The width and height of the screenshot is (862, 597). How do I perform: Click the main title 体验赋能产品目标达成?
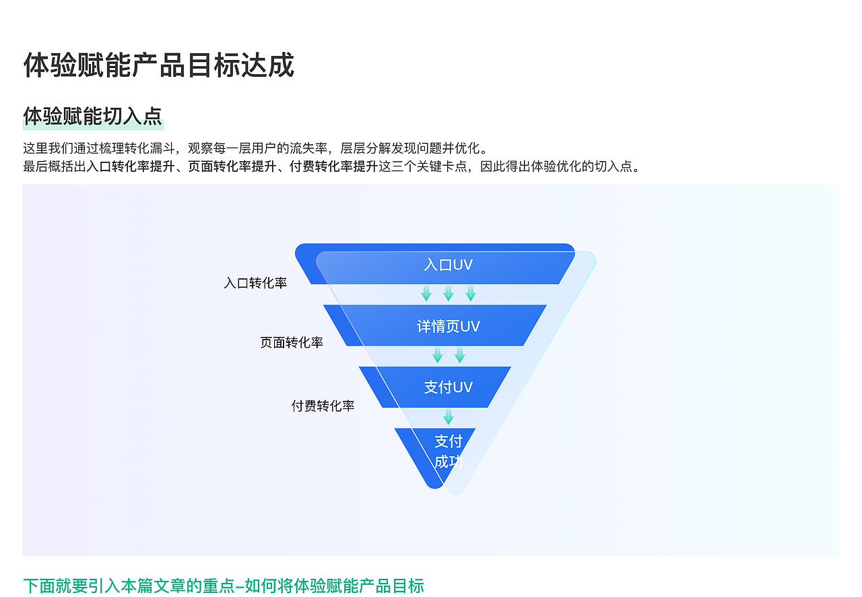158,65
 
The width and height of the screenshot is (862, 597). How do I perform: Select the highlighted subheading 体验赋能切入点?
93,116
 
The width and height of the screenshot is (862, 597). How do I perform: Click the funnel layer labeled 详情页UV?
448,326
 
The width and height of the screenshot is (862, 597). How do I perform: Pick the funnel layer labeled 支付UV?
448,387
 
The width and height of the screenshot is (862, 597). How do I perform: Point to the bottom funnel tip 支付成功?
448,451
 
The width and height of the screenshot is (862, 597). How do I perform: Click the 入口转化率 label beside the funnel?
255,283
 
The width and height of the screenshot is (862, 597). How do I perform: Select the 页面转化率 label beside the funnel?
292,342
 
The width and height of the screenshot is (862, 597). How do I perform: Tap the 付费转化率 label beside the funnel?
323,406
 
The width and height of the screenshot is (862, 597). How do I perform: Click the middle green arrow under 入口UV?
449,293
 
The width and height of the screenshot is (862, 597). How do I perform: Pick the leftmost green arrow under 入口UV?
426,293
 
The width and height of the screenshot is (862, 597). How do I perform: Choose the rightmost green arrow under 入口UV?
471,293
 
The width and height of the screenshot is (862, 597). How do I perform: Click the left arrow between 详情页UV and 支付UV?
438,355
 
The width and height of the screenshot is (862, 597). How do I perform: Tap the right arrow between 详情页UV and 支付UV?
460,355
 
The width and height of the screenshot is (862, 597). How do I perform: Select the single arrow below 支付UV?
449,417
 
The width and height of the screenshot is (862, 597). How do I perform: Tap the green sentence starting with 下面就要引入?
224,586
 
